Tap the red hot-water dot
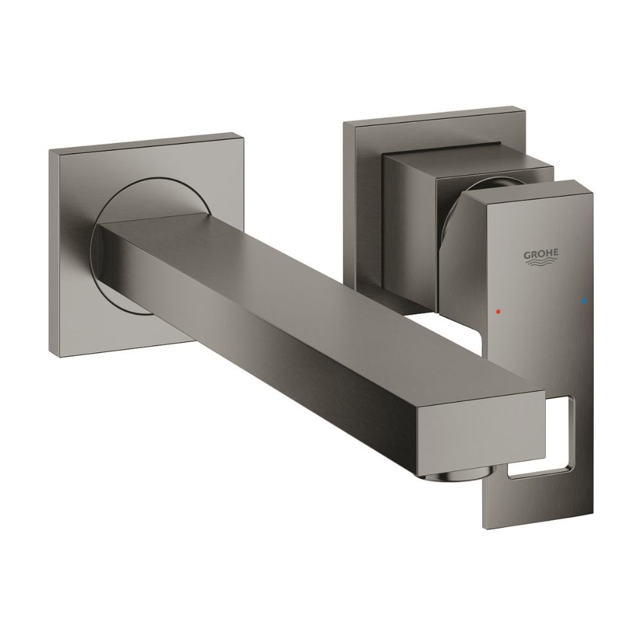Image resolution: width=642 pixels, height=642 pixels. (498, 311)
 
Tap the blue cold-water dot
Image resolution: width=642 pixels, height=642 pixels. (584, 302)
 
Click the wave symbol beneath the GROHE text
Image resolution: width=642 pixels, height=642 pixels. (541, 264)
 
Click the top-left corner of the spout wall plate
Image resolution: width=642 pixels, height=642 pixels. (49, 150)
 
